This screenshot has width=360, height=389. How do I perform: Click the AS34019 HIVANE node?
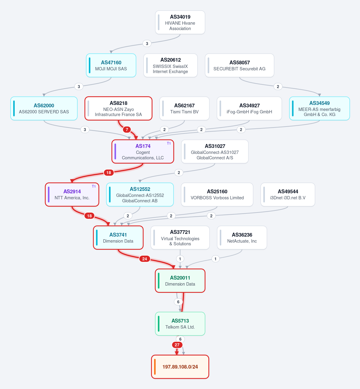(x=180, y=22)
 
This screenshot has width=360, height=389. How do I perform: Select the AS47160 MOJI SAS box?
(x=111, y=66)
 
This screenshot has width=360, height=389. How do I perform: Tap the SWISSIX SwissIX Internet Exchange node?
(x=171, y=66)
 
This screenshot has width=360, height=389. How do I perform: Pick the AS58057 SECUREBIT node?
(x=240, y=66)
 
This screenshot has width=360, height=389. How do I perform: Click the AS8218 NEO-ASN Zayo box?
(x=118, y=108)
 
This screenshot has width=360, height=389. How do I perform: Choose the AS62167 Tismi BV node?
(x=184, y=108)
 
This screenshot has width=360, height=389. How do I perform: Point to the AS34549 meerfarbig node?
(x=319, y=108)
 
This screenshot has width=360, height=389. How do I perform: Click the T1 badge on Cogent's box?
(x=169, y=143)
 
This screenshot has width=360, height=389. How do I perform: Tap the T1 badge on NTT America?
(x=94, y=186)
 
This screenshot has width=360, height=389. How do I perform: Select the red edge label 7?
(x=127, y=130)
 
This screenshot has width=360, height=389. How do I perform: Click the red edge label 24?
(x=145, y=259)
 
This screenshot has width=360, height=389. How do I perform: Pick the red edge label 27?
(x=177, y=345)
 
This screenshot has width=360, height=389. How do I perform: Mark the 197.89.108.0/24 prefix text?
(x=180, y=367)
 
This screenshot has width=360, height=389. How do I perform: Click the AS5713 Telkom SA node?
(x=180, y=323)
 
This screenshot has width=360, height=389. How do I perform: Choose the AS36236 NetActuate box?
(x=242, y=237)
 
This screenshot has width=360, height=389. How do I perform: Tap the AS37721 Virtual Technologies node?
(x=180, y=237)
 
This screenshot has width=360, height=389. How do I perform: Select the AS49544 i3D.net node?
(x=288, y=194)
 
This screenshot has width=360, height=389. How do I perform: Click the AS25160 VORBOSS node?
(x=217, y=194)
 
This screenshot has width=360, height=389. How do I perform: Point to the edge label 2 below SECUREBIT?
(x=278, y=87)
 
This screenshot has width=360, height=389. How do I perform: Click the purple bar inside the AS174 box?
(x=115, y=152)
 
